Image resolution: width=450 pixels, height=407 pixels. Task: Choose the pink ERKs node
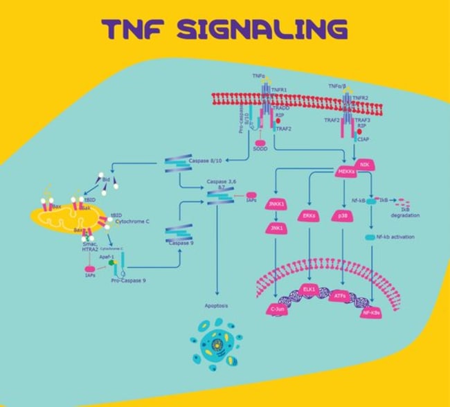(309, 215)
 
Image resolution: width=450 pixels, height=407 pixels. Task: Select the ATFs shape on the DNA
(340, 296)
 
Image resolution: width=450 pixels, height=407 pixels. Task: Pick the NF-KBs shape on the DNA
(374, 313)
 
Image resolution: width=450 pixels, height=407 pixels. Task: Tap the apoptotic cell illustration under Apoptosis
(216, 341)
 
